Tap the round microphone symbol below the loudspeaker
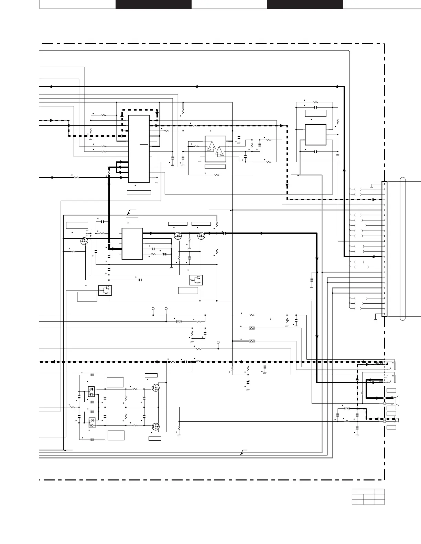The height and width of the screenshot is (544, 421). pos(397,420)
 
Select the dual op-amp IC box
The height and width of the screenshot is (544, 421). pos(215,149)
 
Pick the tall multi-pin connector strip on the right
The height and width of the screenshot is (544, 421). pos(385,249)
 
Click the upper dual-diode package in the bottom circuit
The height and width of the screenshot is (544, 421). pos(91,392)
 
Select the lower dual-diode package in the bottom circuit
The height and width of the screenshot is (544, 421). pos(92,422)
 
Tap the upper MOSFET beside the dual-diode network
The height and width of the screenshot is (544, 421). pos(156,388)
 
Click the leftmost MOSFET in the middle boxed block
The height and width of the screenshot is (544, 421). pos(84,241)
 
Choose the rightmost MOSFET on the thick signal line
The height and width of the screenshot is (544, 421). pos(202,236)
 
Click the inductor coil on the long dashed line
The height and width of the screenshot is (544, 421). pos(198,361)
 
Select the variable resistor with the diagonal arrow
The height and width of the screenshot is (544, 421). pos(287,321)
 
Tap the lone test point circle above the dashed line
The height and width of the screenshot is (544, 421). pos(218,342)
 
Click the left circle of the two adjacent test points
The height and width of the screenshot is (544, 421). pos(153,309)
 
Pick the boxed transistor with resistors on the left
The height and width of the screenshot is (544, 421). pos(105,291)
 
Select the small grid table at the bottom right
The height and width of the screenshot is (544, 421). pos(368,497)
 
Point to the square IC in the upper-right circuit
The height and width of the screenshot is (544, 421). pos(315,135)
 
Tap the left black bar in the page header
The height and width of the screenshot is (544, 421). pos(153,4)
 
